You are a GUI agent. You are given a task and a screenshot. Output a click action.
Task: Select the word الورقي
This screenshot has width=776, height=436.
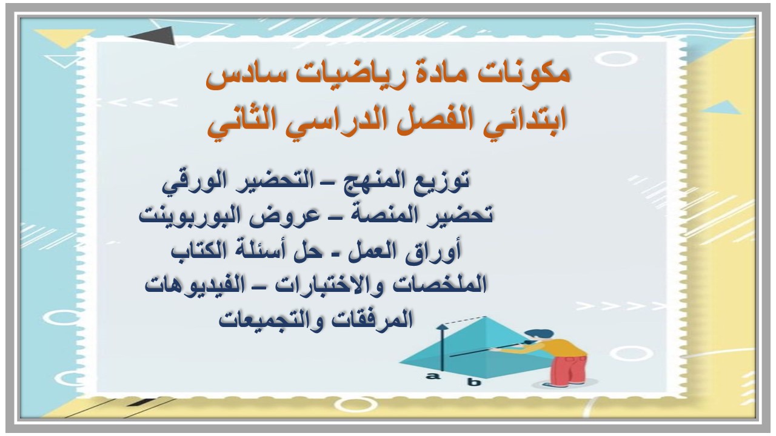(192, 180)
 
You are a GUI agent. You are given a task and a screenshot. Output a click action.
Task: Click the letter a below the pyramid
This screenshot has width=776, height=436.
(432, 375)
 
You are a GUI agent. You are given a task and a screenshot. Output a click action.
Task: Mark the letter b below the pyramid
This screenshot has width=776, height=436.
(470, 381)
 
